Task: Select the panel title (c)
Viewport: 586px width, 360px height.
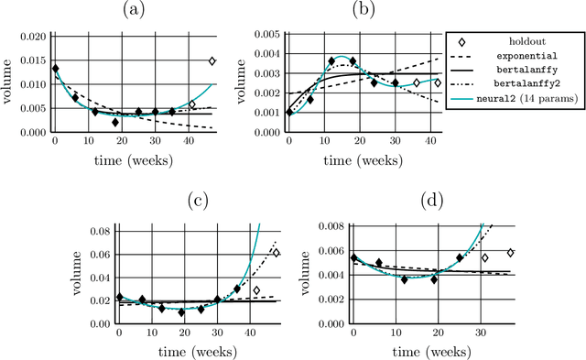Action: pyautogui.click(x=196, y=201)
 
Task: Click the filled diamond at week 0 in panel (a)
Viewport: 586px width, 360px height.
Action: pyautogui.click(x=55, y=68)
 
